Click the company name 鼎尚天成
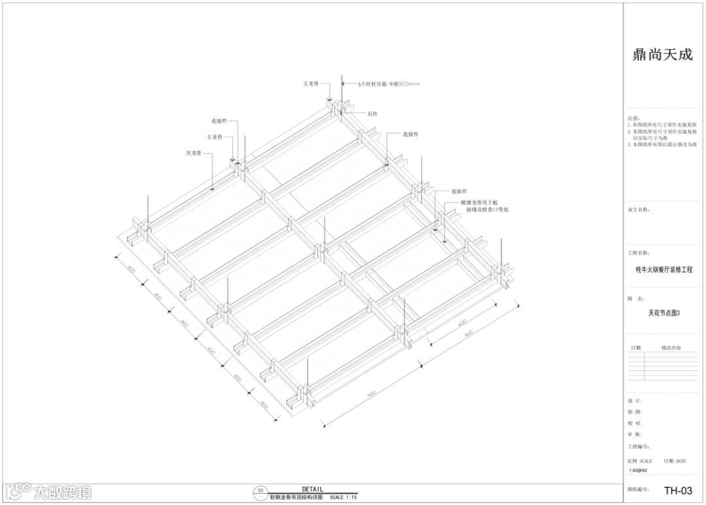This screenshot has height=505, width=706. [662, 55]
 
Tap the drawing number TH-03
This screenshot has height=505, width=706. [677, 491]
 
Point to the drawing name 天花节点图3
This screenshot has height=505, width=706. [664, 313]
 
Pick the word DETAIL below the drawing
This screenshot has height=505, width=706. [312, 489]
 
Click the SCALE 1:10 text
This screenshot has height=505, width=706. [343, 498]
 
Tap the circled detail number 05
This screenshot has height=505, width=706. [261, 490]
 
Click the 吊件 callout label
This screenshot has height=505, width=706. [372, 114]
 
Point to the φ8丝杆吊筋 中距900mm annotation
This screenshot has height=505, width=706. [391, 84]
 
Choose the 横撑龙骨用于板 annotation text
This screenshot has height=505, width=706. [479, 203]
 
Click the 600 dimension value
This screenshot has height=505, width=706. [462, 322]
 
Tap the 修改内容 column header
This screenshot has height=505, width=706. [671, 348]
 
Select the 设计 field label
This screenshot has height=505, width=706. [634, 400]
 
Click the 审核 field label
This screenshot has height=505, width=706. [634, 434]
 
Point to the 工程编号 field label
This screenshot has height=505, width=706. [638, 447]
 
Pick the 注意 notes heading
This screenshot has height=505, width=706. [633, 118]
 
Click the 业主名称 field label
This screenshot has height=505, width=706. [638, 210]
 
